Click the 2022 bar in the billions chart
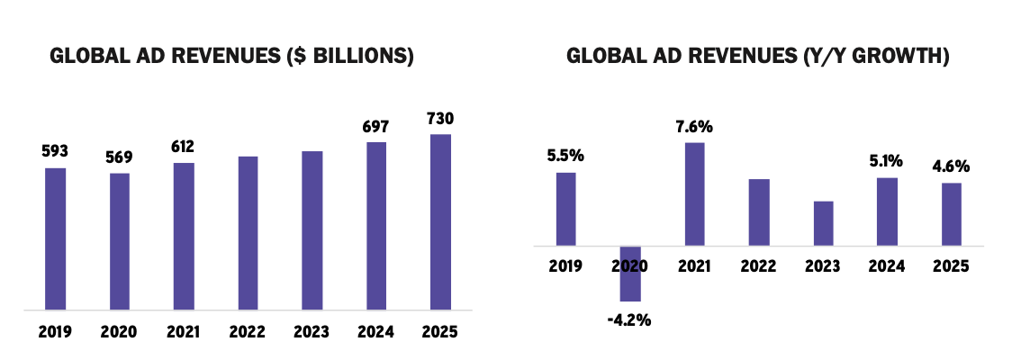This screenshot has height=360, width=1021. [248, 233]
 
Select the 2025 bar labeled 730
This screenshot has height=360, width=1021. [440, 222]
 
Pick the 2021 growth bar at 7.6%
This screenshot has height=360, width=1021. [694, 193]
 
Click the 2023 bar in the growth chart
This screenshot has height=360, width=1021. [823, 222]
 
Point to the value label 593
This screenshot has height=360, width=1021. [56, 150]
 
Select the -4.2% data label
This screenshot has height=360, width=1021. [629, 319]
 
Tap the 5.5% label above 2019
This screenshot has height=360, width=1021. [565, 155]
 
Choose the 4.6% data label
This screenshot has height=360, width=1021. [951, 166]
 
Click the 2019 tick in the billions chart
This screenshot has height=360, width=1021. [56, 331]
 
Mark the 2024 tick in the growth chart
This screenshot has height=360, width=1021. [887, 265]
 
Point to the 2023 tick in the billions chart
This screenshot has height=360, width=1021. [312, 331]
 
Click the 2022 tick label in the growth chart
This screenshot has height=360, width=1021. [758, 265]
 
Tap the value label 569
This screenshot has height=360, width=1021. [120, 156]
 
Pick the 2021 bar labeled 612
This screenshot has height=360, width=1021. [184, 237]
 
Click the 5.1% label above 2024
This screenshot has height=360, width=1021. [887, 161]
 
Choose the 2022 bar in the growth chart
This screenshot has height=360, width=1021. [759, 211]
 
